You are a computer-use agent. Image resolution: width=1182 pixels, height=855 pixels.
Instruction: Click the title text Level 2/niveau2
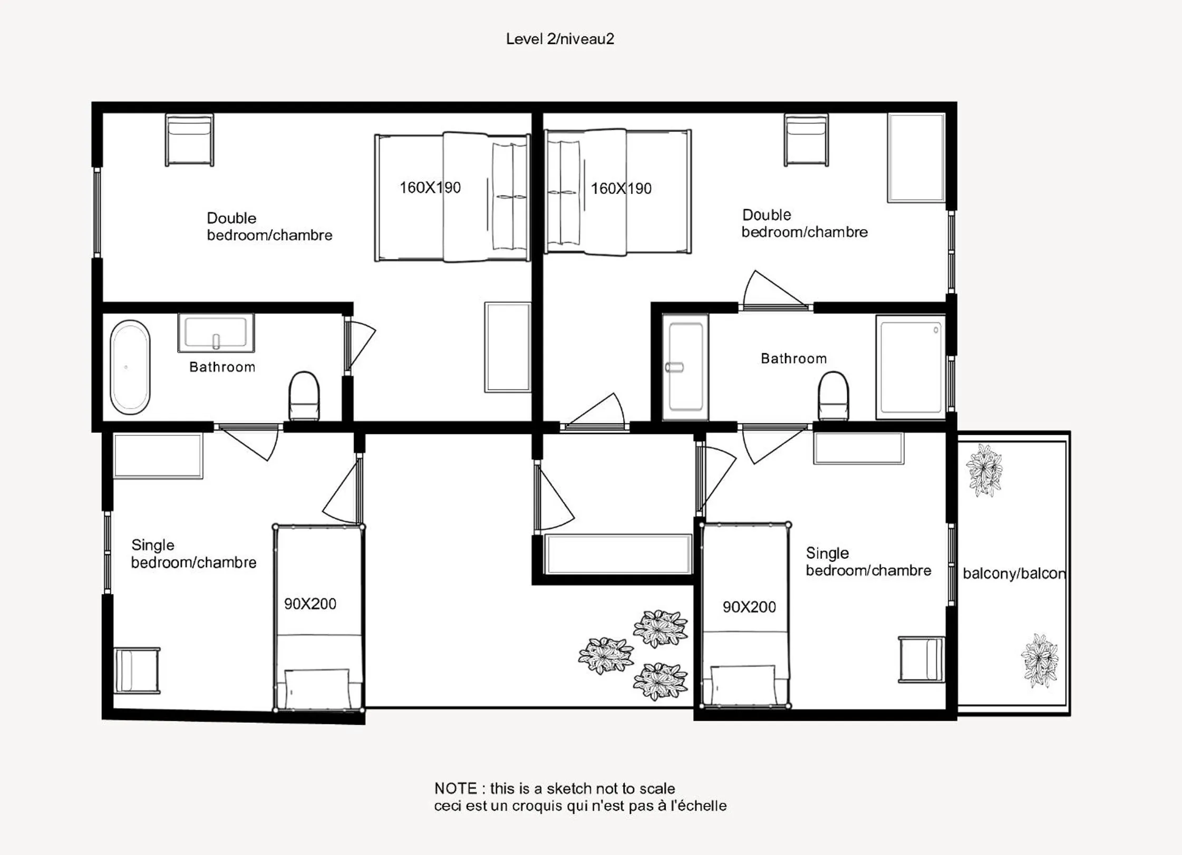point(560,39)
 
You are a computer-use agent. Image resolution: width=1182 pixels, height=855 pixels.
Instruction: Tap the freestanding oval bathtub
point(130,367)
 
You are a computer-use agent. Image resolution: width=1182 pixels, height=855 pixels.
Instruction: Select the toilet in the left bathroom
point(304,396)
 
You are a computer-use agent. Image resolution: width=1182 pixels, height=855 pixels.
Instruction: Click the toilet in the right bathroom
point(833,396)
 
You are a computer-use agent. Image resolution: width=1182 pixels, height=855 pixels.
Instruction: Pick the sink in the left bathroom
point(216,333)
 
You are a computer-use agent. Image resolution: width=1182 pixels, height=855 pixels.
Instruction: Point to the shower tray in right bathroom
point(910,367)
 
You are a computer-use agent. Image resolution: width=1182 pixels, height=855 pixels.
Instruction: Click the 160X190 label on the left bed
point(430,188)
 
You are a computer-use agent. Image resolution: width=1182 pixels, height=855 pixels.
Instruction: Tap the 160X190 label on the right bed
point(621,189)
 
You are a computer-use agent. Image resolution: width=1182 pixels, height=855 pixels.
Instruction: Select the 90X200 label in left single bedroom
point(310,604)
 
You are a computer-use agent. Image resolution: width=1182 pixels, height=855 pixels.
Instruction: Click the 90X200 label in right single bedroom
point(749,607)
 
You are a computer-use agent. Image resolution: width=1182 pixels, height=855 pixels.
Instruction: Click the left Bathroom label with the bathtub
point(222,367)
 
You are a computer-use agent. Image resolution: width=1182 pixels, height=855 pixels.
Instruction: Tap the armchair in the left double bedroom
point(189,140)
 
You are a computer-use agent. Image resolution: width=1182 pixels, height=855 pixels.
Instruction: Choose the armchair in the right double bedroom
point(806,140)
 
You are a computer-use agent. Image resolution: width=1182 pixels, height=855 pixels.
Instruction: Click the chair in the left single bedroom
point(137,671)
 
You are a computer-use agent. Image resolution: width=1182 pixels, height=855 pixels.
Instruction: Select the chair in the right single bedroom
point(922,659)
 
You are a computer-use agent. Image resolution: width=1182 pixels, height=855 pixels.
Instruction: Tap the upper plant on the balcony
point(984,470)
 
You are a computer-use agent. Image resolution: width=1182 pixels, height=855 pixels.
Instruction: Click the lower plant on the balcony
point(1040,661)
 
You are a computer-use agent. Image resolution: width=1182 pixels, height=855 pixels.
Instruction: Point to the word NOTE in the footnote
point(456,789)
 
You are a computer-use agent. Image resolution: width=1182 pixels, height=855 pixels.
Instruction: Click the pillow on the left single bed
point(317,689)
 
